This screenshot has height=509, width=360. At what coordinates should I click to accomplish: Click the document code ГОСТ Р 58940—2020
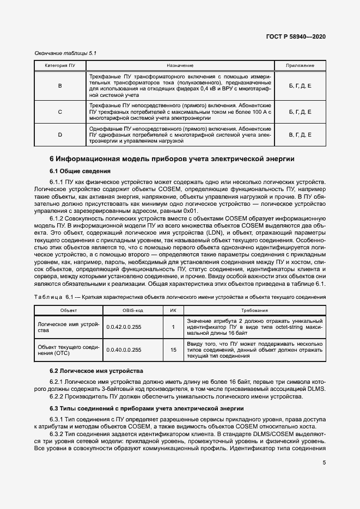click(x=296, y=36)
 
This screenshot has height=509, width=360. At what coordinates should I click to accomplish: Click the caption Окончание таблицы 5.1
click(x=65, y=53)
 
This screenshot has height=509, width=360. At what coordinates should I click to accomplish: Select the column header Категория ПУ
click(x=60, y=65)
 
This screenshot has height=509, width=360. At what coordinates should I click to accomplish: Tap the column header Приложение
click(x=300, y=65)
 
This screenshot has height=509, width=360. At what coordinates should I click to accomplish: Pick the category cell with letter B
click(x=60, y=85)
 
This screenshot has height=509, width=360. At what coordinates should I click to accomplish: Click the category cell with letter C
click(x=60, y=112)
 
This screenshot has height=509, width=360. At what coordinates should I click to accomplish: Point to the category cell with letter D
click(x=60, y=134)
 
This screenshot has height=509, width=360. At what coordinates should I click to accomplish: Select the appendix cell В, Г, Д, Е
click(x=300, y=134)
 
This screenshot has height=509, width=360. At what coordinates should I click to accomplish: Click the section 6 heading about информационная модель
click(x=172, y=159)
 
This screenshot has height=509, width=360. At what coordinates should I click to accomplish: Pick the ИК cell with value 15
click(x=173, y=349)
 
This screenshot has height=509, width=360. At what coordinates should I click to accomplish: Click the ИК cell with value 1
click(x=173, y=327)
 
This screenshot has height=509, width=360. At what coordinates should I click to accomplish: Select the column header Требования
click(x=254, y=310)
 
